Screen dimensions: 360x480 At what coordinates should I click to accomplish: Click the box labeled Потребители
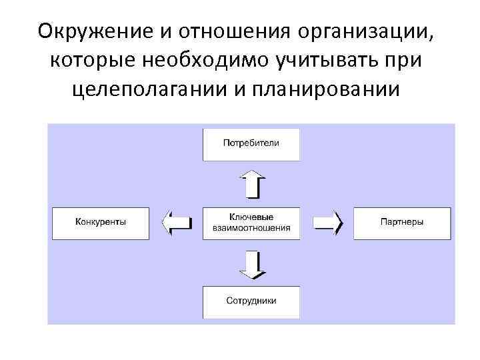251,143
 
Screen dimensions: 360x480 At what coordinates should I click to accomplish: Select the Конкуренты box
101,223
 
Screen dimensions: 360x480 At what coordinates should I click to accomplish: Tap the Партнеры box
402,223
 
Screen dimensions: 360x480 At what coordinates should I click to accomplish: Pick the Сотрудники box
251,301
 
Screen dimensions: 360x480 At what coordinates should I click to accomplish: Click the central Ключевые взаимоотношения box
251,223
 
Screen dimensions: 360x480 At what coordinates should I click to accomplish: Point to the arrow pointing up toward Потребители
251,183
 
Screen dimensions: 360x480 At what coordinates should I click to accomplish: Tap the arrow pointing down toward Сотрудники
251,263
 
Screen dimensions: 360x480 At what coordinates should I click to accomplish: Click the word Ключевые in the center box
251,217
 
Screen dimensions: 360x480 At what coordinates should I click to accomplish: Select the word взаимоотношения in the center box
251,227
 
